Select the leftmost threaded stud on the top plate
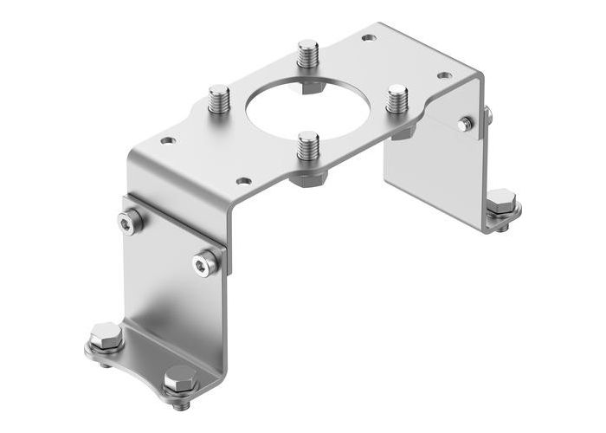click(x=219, y=100)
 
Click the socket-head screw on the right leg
click(x=466, y=124)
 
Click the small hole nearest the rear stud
click(x=369, y=38)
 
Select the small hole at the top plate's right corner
click(x=444, y=75)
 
